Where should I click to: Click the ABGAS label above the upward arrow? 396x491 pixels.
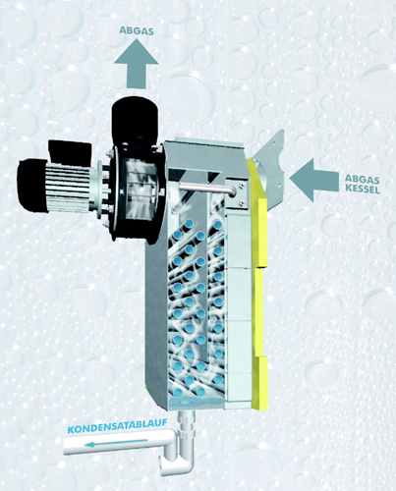(x=137, y=30)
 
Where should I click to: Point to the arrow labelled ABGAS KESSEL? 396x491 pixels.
(x=313, y=180)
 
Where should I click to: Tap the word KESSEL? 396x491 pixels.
(x=363, y=190)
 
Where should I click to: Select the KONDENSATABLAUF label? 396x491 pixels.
(x=117, y=426)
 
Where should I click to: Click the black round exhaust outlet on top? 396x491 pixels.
(x=135, y=117)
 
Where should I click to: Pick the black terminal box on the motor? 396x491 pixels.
(x=70, y=151)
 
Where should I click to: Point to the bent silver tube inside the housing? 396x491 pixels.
(x=207, y=190)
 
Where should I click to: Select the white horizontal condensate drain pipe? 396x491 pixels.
(x=120, y=444)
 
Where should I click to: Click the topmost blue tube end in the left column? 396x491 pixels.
(x=189, y=225)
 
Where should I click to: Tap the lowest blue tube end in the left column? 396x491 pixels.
(x=178, y=392)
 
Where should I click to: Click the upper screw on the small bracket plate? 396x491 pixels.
(x=242, y=186)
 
